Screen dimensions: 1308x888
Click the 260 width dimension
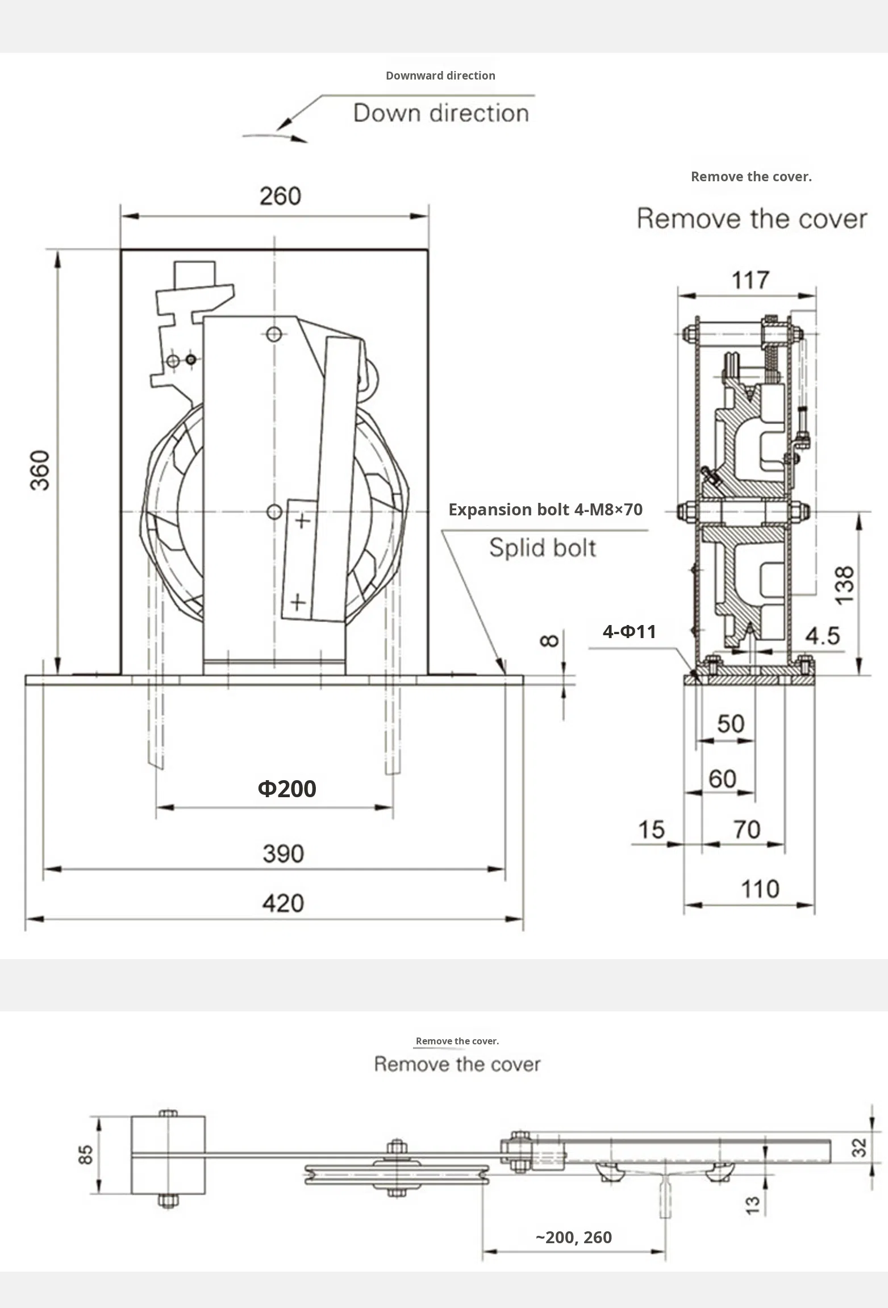point(280,197)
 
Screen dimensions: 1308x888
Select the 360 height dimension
point(40,470)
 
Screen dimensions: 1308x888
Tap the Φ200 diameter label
point(287,789)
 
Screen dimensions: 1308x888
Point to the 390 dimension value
point(283,853)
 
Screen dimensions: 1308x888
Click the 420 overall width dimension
point(283,903)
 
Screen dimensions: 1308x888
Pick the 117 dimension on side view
point(750,280)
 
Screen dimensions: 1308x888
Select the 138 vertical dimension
point(845,585)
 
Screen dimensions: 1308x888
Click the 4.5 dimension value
point(822,636)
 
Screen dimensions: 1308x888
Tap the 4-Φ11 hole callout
point(629,632)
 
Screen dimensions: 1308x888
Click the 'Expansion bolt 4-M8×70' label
point(545,510)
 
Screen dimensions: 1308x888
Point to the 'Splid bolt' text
point(543,548)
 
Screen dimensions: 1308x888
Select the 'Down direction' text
point(441,113)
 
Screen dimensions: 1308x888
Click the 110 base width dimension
point(760,889)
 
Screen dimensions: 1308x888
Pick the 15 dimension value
point(651,830)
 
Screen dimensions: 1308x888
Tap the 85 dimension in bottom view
point(85,1155)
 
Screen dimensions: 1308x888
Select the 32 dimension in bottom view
point(860,1147)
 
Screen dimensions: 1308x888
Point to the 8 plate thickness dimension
point(549,641)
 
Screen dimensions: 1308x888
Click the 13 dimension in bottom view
point(752,1205)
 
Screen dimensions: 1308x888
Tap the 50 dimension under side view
point(730,724)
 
